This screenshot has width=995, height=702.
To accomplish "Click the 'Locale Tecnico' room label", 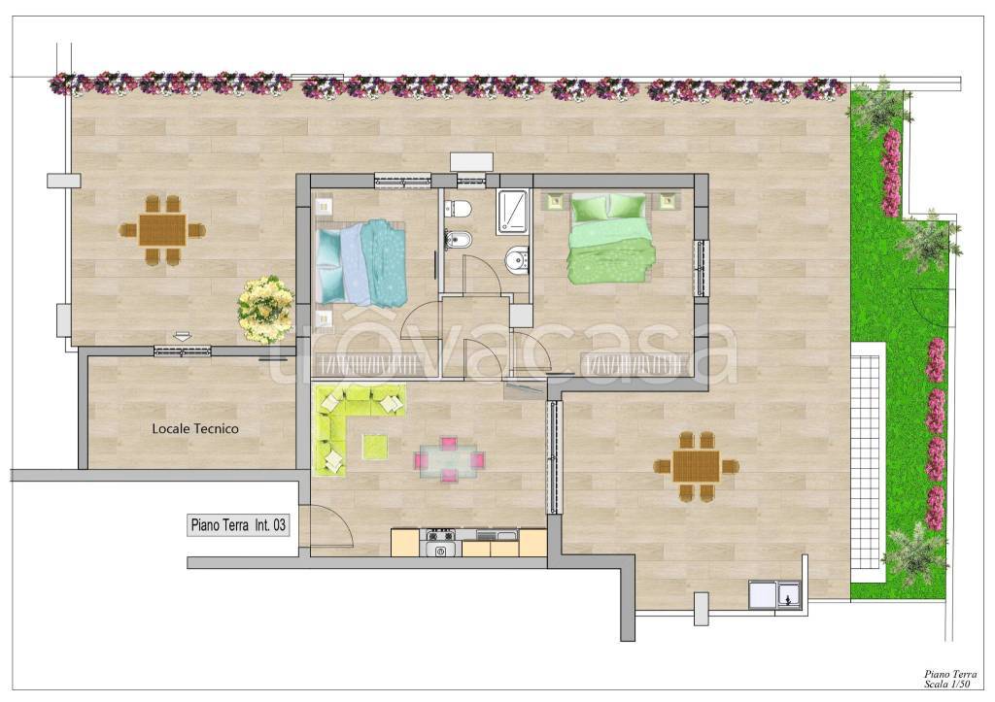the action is click(x=194, y=429).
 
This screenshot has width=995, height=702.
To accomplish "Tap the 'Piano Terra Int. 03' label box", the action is click(x=239, y=525).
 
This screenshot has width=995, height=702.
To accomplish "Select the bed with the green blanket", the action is click(x=610, y=239).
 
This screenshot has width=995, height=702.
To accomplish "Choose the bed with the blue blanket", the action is click(x=360, y=261).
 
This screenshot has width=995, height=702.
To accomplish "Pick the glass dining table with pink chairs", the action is click(x=450, y=460).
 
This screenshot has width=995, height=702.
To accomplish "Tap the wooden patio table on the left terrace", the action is click(x=162, y=229).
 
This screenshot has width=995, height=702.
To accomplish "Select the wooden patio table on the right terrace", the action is click(x=696, y=466).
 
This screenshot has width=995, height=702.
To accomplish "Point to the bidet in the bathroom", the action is click(x=457, y=240).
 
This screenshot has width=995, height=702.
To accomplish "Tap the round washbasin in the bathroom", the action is click(x=518, y=259).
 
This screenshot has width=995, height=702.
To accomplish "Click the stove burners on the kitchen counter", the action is click(x=441, y=535).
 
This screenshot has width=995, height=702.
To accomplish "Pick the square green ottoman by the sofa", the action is click(x=375, y=446).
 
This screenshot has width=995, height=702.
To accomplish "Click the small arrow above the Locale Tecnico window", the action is click(x=182, y=336).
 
